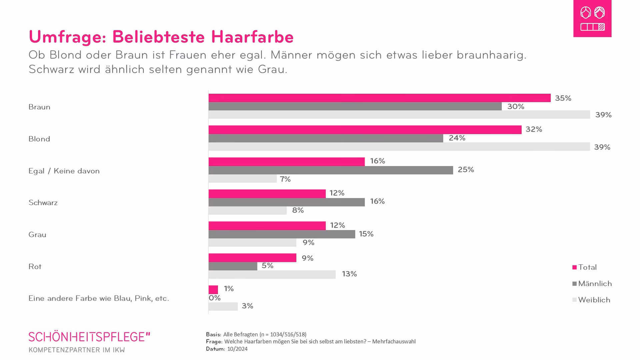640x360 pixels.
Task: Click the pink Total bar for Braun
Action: (x=379, y=98)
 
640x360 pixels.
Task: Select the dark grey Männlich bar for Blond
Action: (x=326, y=138)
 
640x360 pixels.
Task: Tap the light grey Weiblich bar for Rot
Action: (x=272, y=274)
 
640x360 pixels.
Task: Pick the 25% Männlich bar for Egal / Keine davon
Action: (x=331, y=170)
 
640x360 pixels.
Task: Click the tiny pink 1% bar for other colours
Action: (x=213, y=289)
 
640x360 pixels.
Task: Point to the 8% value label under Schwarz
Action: (x=298, y=210)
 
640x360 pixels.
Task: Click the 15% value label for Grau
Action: (x=366, y=234)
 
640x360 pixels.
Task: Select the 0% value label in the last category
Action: (x=215, y=298)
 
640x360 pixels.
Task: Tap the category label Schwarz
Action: (x=43, y=203)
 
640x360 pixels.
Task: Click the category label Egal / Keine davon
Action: (x=64, y=171)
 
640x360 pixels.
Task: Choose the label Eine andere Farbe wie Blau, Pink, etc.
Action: (x=99, y=298)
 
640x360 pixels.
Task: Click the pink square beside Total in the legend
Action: (x=574, y=267)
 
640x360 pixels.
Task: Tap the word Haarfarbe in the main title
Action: (x=252, y=37)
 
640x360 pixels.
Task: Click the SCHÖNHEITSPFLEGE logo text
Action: (x=89, y=337)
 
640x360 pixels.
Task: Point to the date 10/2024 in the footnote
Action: (x=237, y=349)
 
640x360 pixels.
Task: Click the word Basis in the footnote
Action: (x=213, y=334)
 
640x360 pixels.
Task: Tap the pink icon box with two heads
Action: (x=592, y=18)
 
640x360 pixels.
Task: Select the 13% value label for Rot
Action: (x=349, y=274)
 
